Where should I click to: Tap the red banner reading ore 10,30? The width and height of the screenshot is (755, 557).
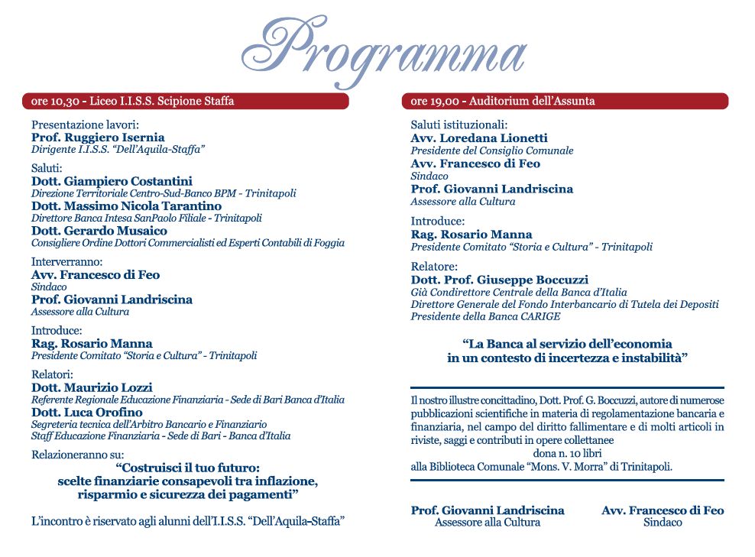(185, 101)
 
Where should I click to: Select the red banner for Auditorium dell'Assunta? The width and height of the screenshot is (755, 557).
(565, 101)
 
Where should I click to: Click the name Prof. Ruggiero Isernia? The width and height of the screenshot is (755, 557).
(98, 138)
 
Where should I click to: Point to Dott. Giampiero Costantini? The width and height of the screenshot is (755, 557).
(112, 181)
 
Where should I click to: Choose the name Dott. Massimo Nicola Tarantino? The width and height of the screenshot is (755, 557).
(126, 206)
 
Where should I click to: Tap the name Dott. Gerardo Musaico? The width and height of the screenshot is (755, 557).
(99, 231)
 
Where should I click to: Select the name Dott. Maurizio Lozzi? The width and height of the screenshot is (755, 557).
(92, 387)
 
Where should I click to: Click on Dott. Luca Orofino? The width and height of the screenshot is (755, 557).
(86, 413)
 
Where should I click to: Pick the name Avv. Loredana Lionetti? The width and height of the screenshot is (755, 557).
(479, 138)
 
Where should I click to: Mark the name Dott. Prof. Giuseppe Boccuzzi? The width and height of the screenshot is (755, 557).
(500, 280)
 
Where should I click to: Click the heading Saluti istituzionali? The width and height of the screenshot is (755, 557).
(459, 125)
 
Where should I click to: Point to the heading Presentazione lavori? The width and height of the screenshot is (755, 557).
(85, 125)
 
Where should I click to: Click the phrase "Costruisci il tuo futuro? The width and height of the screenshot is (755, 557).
(188, 468)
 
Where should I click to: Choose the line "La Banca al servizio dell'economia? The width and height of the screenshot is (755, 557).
(568, 344)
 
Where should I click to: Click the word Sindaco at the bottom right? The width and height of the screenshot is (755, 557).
(663, 523)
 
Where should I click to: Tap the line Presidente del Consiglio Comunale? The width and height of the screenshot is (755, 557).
(492, 151)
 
